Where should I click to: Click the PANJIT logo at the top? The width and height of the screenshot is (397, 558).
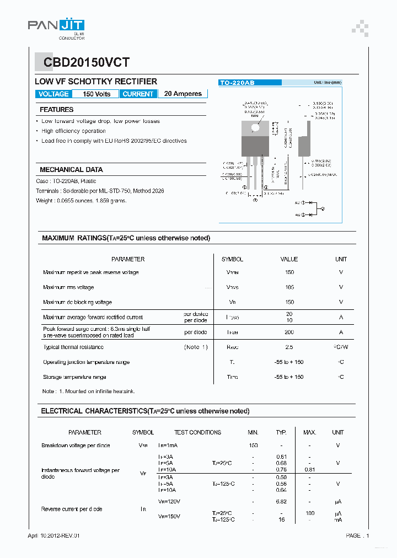click(x=56, y=26)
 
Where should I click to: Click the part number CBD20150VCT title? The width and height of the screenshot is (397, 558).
click(x=82, y=63)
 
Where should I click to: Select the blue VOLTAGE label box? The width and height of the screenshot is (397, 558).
click(x=53, y=94)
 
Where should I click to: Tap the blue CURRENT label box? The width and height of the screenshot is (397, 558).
click(x=138, y=94)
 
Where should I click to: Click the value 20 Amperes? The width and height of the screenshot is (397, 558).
click(x=183, y=94)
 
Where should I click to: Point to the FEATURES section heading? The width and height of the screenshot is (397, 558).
click(x=56, y=110)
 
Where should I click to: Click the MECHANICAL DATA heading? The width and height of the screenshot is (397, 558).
click(x=71, y=170)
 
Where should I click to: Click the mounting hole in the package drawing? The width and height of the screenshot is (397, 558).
click(x=255, y=127)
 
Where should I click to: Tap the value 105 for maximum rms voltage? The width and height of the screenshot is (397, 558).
click(x=289, y=287)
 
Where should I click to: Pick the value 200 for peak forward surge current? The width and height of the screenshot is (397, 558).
click(x=289, y=332)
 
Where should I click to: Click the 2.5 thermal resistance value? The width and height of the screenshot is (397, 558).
click(x=289, y=347)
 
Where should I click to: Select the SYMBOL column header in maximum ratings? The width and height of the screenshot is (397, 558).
click(x=232, y=259)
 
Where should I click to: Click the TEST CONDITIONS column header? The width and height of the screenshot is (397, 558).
click(x=197, y=433)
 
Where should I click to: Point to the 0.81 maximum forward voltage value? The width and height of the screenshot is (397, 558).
click(x=309, y=470)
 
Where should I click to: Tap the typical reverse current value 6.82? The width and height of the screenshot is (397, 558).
click(x=281, y=501)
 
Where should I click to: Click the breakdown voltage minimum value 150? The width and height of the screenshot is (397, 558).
click(x=253, y=446)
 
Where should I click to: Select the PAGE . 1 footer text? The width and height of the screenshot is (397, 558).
click(x=357, y=535)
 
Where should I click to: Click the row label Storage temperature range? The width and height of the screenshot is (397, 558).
click(x=75, y=377)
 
